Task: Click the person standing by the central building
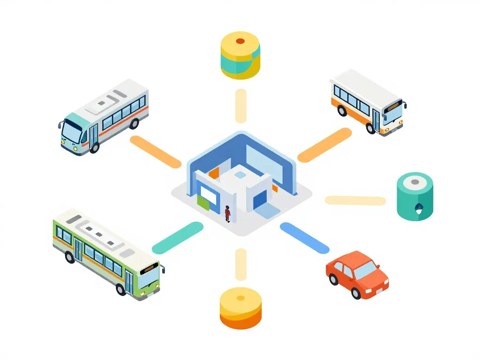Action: coord(227,213)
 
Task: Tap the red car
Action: coord(357,275)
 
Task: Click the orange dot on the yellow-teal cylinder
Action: coord(240,41)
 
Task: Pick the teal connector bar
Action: coord(178,238)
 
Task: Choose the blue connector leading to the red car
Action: coord(305,238)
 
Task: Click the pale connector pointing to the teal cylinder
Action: coord(355,201)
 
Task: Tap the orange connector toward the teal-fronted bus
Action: coord(155,151)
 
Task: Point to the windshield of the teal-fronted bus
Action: coord(72,131)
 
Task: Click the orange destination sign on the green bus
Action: coord(150,269)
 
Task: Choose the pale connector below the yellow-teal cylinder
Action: coord(240,106)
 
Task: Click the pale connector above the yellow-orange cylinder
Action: coord(240,264)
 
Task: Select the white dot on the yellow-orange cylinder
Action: coord(240,298)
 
